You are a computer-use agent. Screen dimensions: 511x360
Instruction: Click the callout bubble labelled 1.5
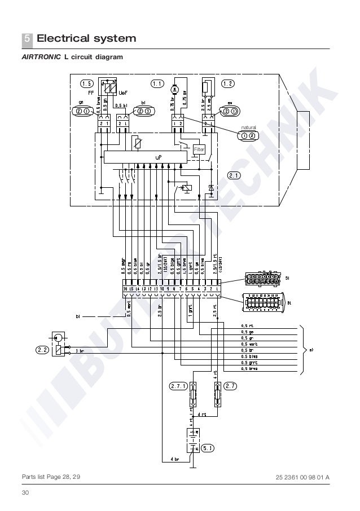click(87, 84)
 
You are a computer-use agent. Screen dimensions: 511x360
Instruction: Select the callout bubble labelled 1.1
click(156, 84)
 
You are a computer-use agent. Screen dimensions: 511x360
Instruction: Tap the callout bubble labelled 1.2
click(228, 84)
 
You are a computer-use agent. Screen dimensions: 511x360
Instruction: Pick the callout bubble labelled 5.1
click(208, 449)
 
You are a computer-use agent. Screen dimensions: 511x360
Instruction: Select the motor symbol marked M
click(175, 88)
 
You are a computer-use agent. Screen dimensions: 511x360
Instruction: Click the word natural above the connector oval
click(248, 128)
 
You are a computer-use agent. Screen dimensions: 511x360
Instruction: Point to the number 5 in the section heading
click(27, 39)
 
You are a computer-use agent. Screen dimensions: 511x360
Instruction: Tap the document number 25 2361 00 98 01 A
click(302, 478)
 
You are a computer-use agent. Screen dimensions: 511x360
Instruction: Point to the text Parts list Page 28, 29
click(51, 478)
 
